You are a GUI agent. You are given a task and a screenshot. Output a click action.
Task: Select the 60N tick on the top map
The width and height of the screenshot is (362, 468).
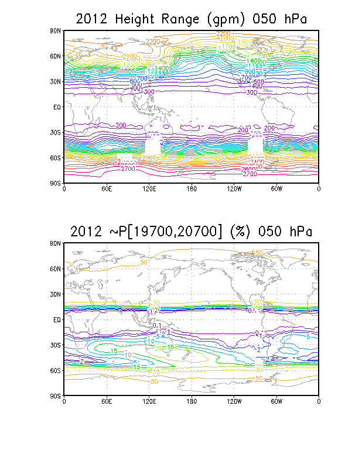56,56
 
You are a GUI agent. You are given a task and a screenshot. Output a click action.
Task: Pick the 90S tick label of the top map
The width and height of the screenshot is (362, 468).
56,183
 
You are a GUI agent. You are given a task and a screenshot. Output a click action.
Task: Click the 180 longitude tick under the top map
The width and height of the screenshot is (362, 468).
191,189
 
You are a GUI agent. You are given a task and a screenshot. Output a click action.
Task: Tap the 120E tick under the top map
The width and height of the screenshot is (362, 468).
149,189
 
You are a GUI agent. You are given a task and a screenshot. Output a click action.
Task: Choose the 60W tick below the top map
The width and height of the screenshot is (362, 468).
276,189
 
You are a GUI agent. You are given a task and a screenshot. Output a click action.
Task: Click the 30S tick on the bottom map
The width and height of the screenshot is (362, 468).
56,345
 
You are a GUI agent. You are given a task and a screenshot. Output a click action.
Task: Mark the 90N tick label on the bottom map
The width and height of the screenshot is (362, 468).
56,243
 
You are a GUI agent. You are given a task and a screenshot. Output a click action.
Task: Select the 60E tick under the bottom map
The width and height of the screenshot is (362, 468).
106,402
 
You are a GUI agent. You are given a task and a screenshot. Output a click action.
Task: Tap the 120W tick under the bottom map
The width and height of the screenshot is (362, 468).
234,402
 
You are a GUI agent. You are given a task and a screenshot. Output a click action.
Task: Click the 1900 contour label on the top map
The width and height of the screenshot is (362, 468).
245,42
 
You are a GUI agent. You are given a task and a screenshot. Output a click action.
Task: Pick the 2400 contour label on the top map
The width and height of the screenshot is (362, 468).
256,161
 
